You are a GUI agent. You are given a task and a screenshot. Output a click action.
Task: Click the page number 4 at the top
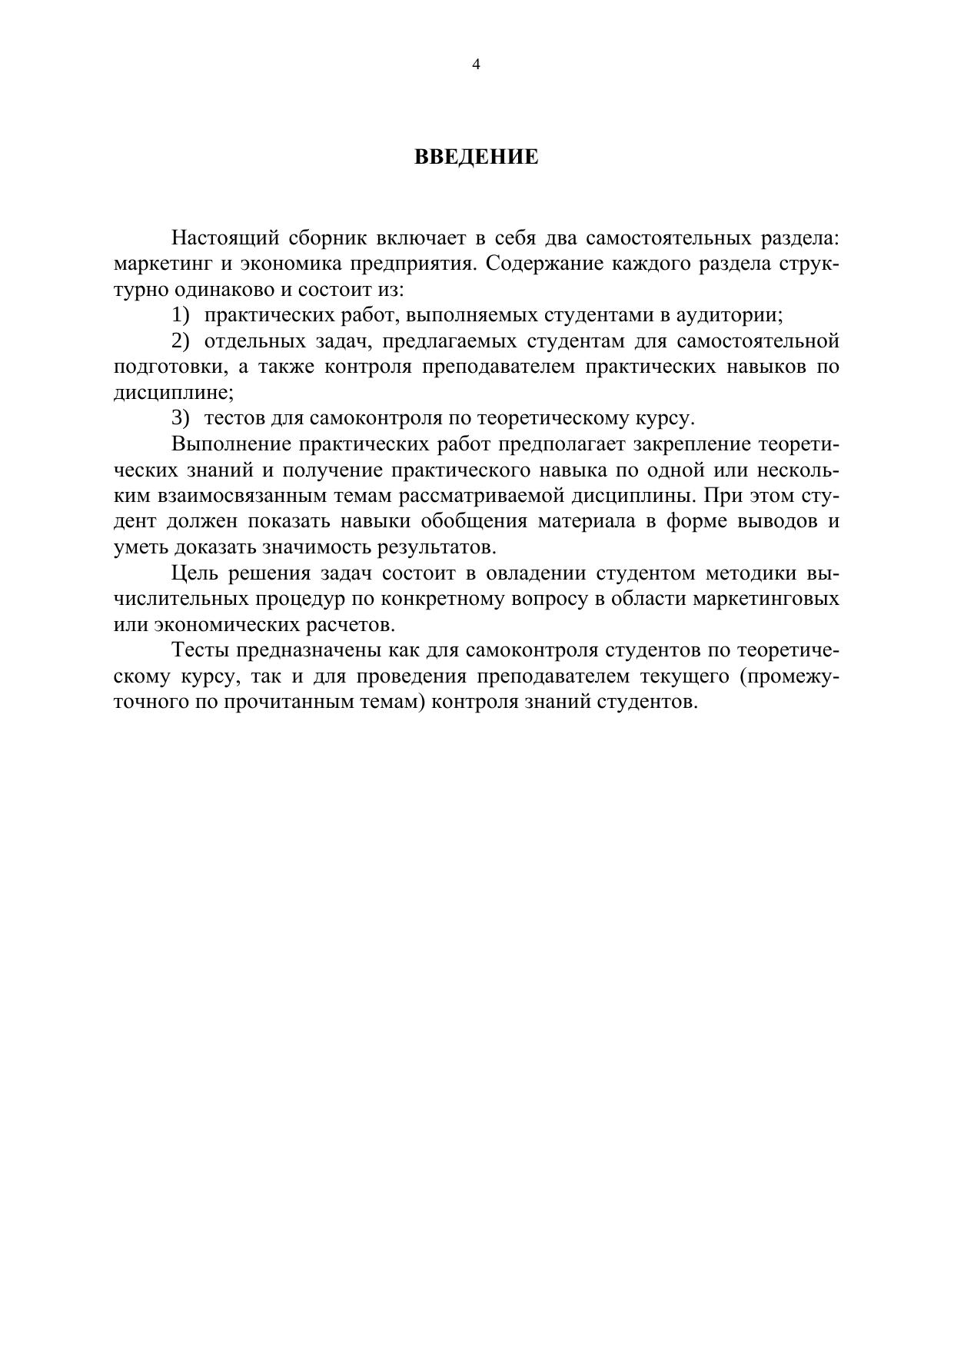(476, 65)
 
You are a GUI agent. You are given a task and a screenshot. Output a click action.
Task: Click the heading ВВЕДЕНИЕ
(476, 158)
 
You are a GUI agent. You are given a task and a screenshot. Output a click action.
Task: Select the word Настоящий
(223, 238)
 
